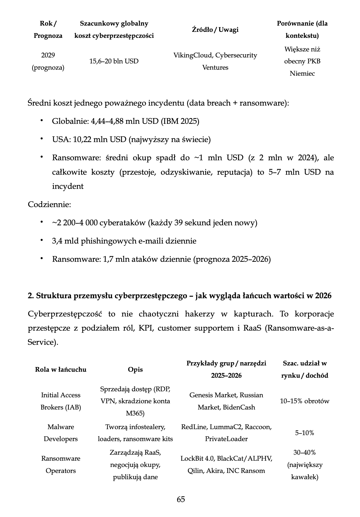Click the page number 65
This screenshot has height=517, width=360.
(181, 499)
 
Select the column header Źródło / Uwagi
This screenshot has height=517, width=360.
(215, 30)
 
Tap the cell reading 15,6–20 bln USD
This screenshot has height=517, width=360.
(114, 61)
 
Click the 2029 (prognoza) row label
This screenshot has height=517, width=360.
(48, 61)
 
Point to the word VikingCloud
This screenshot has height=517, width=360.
(193, 55)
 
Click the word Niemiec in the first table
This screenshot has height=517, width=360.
(302, 73)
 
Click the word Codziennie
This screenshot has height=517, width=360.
(49, 204)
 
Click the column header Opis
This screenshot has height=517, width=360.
(135, 370)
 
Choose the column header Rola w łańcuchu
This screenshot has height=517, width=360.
(61, 370)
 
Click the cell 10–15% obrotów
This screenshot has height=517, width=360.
(305, 401)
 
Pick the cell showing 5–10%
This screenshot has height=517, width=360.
(305, 433)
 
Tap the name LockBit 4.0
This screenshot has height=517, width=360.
(197, 458)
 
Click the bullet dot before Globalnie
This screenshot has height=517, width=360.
(42, 121)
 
